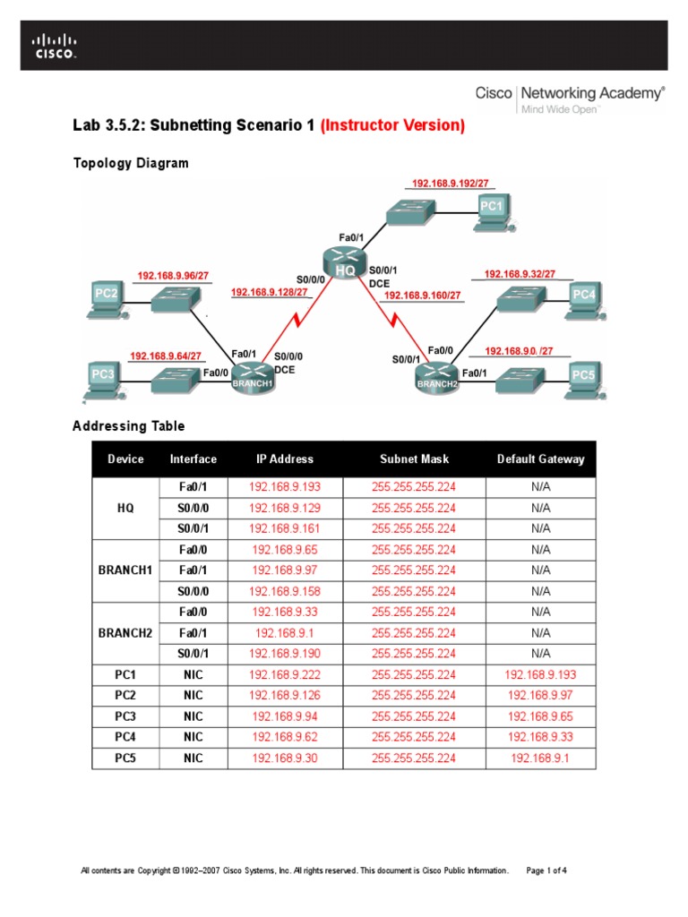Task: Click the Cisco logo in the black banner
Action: pyautogui.click(x=55, y=47)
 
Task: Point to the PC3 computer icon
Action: pyautogui.click(x=104, y=377)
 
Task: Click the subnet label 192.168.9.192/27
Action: pyautogui.click(x=451, y=183)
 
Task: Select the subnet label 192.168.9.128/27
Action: pyautogui.click(x=270, y=292)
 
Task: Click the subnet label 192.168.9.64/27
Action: pyautogui.click(x=166, y=356)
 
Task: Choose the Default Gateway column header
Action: pyautogui.click(x=540, y=459)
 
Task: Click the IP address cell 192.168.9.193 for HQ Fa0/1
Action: pyautogui.click(x=284, y=488)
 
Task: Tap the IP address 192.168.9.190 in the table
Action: pyautogui.click(x=284, y=654)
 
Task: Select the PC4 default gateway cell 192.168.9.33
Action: pyautogui.click(x=540, y=737)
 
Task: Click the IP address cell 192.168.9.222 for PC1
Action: pyautogui.click(x=284, y=674)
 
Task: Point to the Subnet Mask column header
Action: pyautogui.click(x=413, y=459)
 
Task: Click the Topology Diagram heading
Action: pyautogui.click(x=130, y=163)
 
